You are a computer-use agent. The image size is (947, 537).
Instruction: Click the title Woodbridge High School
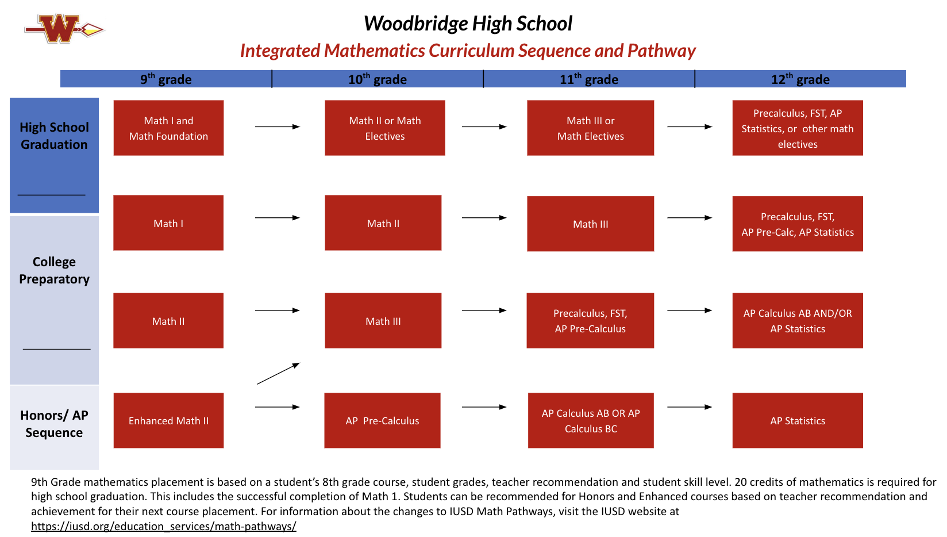[468, 24]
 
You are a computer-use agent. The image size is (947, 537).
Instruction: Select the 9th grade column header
[166, 79]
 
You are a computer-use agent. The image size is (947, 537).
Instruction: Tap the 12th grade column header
[800, 79]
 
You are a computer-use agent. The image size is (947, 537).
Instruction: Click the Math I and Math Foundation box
[168, 128]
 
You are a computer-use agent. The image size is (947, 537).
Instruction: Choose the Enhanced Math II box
[168, 420]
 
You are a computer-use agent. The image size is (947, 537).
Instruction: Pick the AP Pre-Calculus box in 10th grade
[382, 420]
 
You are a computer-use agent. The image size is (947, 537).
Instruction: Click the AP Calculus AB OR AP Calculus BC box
[591, 420]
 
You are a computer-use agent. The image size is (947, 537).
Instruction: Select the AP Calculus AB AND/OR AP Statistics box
[798, 321]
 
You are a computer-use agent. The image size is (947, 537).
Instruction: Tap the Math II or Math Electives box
[385, 128]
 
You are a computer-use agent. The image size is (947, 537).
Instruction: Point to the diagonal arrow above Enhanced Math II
[278, 374]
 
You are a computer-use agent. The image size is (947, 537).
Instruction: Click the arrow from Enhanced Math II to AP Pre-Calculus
[277, 407]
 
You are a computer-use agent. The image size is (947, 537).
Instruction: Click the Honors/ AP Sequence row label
[54, 424]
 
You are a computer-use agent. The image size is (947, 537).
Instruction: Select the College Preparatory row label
[54, 270]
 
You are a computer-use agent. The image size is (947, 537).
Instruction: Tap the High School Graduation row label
[54, 136]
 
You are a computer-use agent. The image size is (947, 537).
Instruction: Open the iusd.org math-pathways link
[164, 526]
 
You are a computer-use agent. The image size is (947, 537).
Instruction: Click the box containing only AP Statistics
[798, 420]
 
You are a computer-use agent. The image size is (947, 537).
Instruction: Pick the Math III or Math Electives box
[591, 128]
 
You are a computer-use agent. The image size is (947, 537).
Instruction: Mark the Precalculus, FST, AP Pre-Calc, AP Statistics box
[798, 224]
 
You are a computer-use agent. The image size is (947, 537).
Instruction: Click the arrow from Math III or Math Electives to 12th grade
[689, 126]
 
